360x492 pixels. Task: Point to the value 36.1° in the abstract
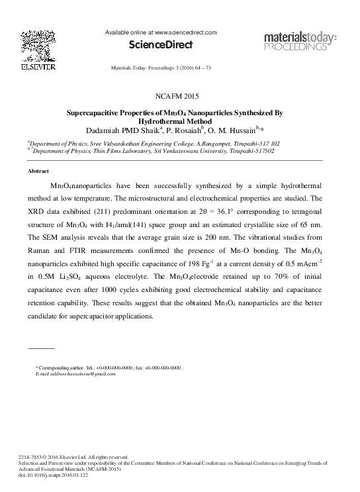pos(248,211)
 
